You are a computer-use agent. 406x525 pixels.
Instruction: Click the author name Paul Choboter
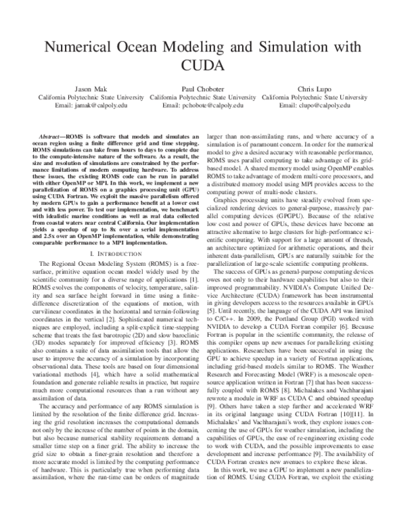(x=202, y=89)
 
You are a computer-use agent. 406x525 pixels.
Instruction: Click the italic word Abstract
(x=51, y=137)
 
